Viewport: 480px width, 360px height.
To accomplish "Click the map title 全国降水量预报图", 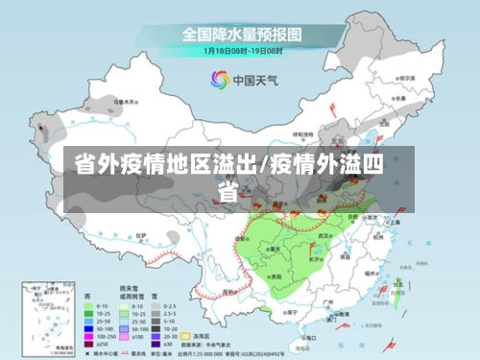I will click(241, 35).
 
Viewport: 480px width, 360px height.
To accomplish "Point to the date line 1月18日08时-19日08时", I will click(241, 50).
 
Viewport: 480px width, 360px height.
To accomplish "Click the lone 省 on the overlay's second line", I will click(228, 192).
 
